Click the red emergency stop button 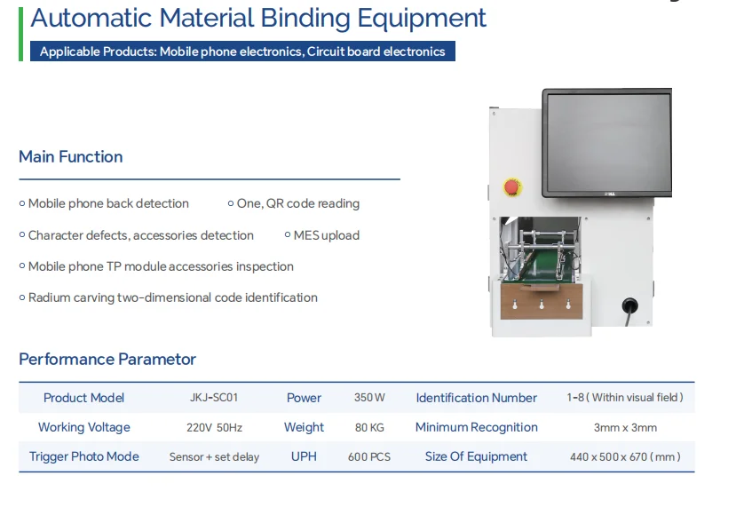[511, 187]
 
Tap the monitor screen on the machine [609, 143]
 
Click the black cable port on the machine [630, 305]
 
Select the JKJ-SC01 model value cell [214, 398]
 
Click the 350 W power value [369, 398]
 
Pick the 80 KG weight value [369, 427]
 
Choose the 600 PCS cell [369, 456]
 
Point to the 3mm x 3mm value [625, 427]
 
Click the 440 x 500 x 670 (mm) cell [625, 456]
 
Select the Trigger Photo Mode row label [84, 456]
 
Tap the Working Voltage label [84, 427]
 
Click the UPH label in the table [304, 456]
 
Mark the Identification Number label [477, 398]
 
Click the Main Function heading [71, 157]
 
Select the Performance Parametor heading [107, 359]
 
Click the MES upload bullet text [327, 235]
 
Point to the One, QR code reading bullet [298, 203]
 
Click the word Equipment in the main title [422, 19]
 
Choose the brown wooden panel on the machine [542, 301]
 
